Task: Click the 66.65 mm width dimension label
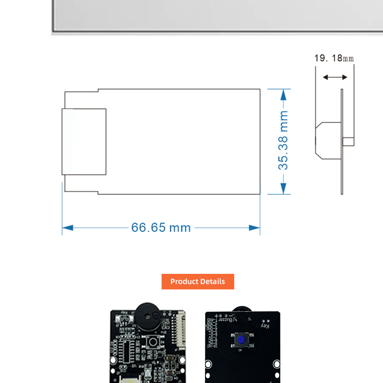click(161, 227)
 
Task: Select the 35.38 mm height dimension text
click(284, 140)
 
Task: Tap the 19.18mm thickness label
click(334, 58)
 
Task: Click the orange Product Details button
click(198, 282)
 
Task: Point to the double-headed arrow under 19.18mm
click(335, 77)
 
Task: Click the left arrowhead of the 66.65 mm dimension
click(68, 228)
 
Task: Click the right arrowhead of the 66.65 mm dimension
click(255, 228)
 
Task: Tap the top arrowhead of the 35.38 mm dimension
click(285, 93)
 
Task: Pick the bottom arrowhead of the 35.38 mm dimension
click(285, 189)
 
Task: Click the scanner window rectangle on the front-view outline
click(84, 141)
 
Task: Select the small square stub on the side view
click(349, 141)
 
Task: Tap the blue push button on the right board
click(241, 340)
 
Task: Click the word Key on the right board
click(265, 326)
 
